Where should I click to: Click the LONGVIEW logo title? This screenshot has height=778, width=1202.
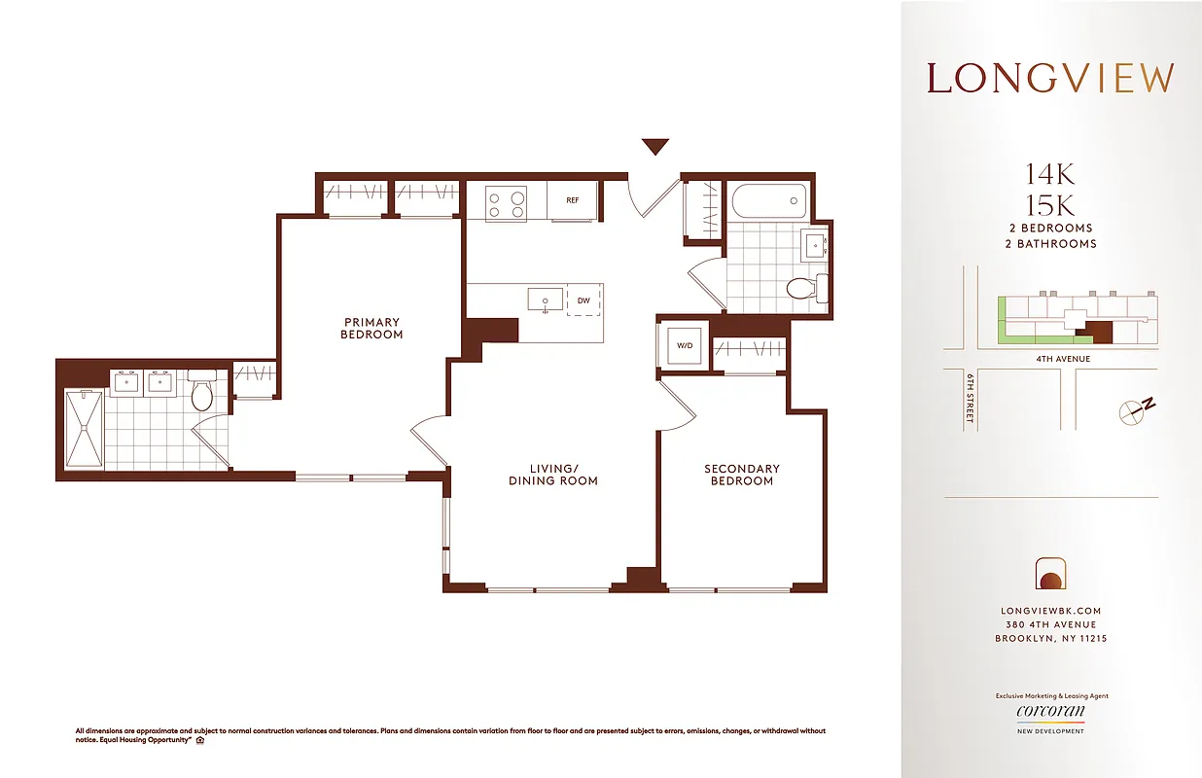tap(1050, 78)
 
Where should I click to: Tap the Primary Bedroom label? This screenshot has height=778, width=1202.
tap(371, 329)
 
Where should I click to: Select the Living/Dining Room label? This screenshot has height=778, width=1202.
tap(553, 475)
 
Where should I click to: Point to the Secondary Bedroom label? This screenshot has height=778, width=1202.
tap(742, 475)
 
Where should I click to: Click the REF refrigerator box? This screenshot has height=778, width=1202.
tap(573, 200)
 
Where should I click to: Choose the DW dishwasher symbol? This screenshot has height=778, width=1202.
tap(583, 301)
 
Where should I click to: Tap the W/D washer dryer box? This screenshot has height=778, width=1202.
tap(684, 345)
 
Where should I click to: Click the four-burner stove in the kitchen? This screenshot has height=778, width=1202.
tap(506, 203)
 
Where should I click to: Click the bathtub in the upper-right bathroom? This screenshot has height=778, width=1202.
tap(768, 201)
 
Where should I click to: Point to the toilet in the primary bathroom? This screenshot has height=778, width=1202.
tap(202, 392)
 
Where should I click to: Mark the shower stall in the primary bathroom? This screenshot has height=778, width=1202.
tap(85, 429)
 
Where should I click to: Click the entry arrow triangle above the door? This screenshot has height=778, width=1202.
tap(655, 147)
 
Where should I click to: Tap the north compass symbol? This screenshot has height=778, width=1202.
tap(1137, 409)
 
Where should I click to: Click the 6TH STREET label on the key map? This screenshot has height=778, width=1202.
tap(971, 400)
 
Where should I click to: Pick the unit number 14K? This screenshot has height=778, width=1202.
tap(1050, 175)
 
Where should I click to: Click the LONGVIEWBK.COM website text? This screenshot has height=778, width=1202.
tap(1050, 611)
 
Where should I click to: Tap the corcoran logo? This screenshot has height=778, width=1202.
tap(1050, 713)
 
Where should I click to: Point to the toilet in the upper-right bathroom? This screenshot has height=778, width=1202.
tap(801, 288)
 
